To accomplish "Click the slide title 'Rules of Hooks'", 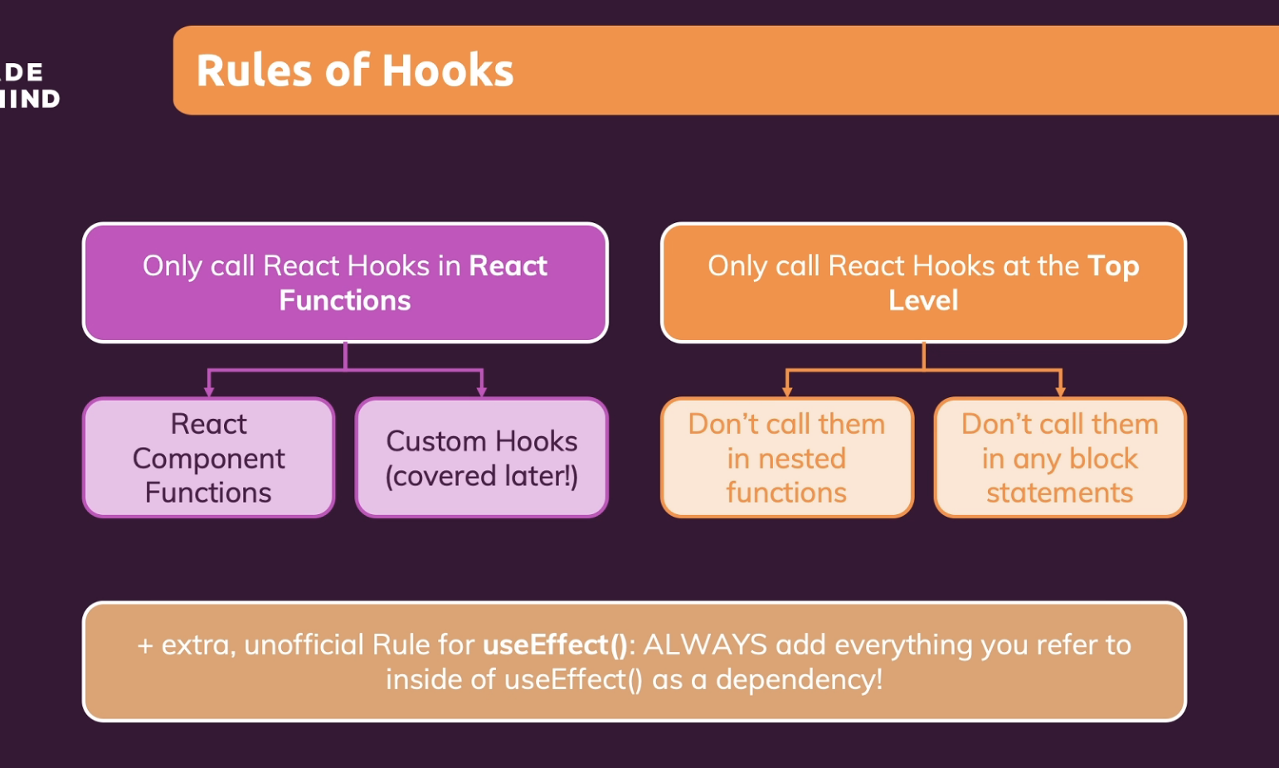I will (355, 70).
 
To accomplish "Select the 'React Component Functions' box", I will (209, 458).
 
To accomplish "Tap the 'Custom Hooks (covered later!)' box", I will (482, 458).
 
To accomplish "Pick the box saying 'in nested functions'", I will (786, 458).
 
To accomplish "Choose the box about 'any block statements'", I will (1059, 458).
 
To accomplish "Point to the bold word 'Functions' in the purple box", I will (345, 300).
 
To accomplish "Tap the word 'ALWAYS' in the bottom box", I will (705, 644).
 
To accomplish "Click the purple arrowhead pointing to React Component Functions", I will (209, 391).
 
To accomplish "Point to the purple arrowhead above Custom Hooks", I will (482, 391).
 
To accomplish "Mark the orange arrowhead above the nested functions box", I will (787, 391).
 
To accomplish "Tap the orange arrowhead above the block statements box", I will (1060, 391).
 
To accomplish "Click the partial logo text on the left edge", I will (29, 85).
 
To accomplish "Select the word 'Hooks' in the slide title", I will (448, 70).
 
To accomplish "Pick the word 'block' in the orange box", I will (1103, 459).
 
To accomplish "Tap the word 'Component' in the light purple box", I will (209, 459).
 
